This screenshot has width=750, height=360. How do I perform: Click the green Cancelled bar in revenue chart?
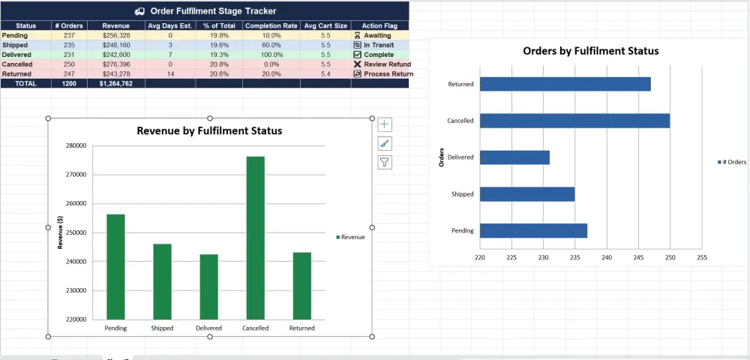click(x=256, y=238)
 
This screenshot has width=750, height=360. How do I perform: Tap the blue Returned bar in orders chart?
click(x=565, y=84)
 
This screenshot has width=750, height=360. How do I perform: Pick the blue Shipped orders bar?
click(x=526, y=194)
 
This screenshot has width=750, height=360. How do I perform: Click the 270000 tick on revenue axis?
click(x=76, y=175)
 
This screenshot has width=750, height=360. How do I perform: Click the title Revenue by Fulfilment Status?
click(x=209, y=131)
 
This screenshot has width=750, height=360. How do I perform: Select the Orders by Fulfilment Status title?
click(x=590, y=51)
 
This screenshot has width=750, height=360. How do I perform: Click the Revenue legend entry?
click(x=350, y=237)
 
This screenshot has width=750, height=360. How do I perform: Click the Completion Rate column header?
click(x=271, y=25)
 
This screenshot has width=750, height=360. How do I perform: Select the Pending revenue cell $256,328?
click(x=115, y=35)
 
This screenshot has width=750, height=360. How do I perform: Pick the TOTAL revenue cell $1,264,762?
click(x=115, y=84)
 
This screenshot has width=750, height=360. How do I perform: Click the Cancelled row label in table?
click(x=16, y=64)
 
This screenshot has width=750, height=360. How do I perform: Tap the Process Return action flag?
click(x=388, y=74)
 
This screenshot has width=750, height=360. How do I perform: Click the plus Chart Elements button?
click(x=385, y=124)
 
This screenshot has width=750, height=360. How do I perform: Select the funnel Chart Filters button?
click(x=385, y=161)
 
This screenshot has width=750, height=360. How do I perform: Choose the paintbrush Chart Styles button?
click(x=385, y=143)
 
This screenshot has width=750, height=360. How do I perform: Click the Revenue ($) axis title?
click(x=60, y=232)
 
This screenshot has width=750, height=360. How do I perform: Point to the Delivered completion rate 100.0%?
click(x=271, y=55)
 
